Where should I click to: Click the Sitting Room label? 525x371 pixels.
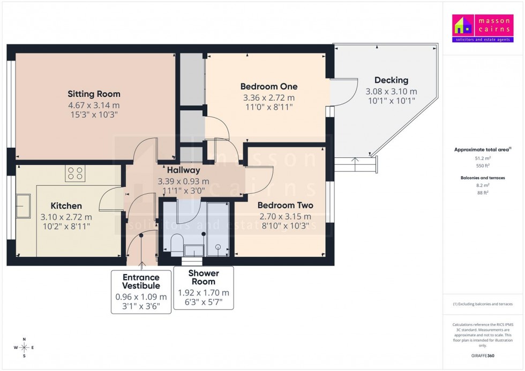[94, 94]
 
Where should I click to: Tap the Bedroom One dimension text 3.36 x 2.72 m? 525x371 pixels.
[269, 97]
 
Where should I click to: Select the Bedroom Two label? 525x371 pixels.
[285, 205]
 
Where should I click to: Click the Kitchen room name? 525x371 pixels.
[66, 206]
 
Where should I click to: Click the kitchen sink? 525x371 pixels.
[24, 206]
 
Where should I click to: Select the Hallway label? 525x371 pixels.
[183, 170]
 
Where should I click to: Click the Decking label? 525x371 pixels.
[391, 80]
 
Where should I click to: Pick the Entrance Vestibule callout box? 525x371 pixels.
[141, 292]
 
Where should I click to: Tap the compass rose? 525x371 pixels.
[24, 347]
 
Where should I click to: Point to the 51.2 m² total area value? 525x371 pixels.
[483, 158]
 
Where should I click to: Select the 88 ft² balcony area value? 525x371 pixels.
[483, 193]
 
